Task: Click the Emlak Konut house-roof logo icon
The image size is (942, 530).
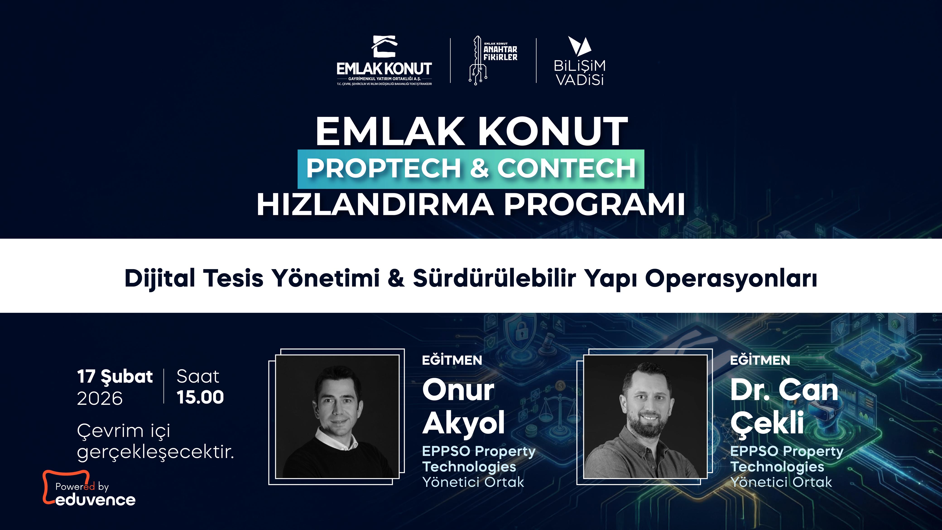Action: (x=384, y=47)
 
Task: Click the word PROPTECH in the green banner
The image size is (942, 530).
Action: (x=383, y=168)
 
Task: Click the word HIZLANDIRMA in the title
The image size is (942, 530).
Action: (x=375, y=205)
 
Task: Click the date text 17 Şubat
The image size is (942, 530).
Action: (x=115, y=377)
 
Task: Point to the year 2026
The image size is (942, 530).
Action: (x=99, y=398)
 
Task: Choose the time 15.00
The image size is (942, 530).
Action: (x=200, y=397)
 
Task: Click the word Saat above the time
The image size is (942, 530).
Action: (x=198, y=376)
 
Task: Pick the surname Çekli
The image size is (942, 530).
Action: (x=767, y=423)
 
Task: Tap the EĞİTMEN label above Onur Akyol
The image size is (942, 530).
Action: (x=452, y=360)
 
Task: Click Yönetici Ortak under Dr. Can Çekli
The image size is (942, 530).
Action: (x=781, y=482)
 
